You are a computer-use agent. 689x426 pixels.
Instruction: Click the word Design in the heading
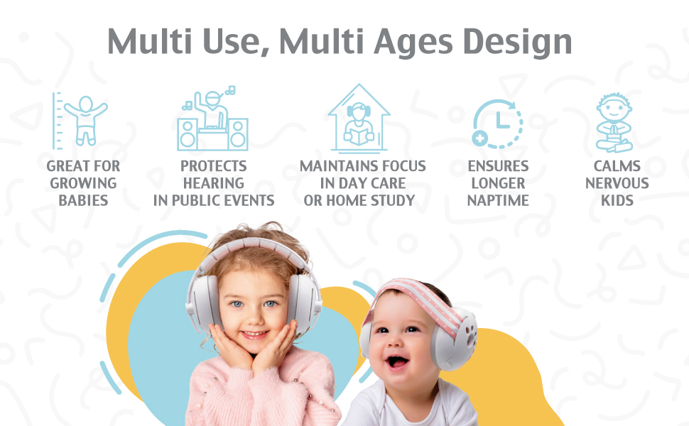517,42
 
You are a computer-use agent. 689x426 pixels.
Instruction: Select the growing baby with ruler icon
80,120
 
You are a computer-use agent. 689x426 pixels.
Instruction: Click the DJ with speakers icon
212,119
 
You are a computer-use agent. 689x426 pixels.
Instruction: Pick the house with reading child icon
359,119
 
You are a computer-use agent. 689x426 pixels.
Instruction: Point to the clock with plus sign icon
497,124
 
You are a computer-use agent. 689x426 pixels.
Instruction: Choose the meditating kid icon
614,123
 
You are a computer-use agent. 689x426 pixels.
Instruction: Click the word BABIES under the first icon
83,200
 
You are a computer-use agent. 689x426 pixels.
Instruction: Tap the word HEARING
214,183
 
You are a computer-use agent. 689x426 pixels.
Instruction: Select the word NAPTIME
498,200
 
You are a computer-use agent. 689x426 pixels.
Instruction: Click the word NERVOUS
617,183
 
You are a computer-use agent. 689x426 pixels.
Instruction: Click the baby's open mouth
397,362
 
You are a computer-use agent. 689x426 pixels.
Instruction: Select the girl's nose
253,317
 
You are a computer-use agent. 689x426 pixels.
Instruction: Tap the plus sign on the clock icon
480,138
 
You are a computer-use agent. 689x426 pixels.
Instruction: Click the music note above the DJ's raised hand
230,90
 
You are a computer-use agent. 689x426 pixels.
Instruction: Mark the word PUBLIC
196,200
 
